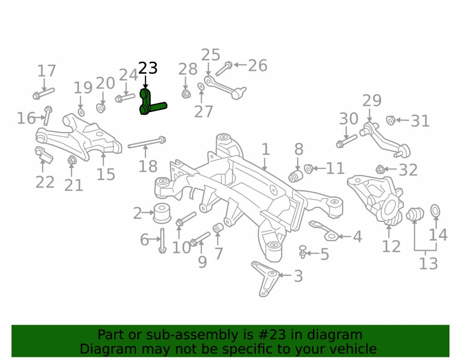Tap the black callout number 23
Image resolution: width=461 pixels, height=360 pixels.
148,68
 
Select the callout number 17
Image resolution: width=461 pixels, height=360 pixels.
47,71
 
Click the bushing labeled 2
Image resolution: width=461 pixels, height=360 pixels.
162,213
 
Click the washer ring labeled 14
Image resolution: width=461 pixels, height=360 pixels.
435,211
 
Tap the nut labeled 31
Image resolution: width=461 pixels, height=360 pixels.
391,120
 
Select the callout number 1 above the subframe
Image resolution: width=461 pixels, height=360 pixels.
266,149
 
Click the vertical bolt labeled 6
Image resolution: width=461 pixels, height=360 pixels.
162,241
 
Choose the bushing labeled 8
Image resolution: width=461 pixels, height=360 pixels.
296,176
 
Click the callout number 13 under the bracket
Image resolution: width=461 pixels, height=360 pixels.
428,263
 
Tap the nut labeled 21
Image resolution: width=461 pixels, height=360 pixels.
72,160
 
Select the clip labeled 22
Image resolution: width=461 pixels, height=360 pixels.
44,154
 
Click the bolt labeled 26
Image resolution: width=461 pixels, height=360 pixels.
224,69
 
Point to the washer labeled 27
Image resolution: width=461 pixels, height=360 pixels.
201,87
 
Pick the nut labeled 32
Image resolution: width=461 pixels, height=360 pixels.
380,169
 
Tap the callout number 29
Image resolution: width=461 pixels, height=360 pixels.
372,101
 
